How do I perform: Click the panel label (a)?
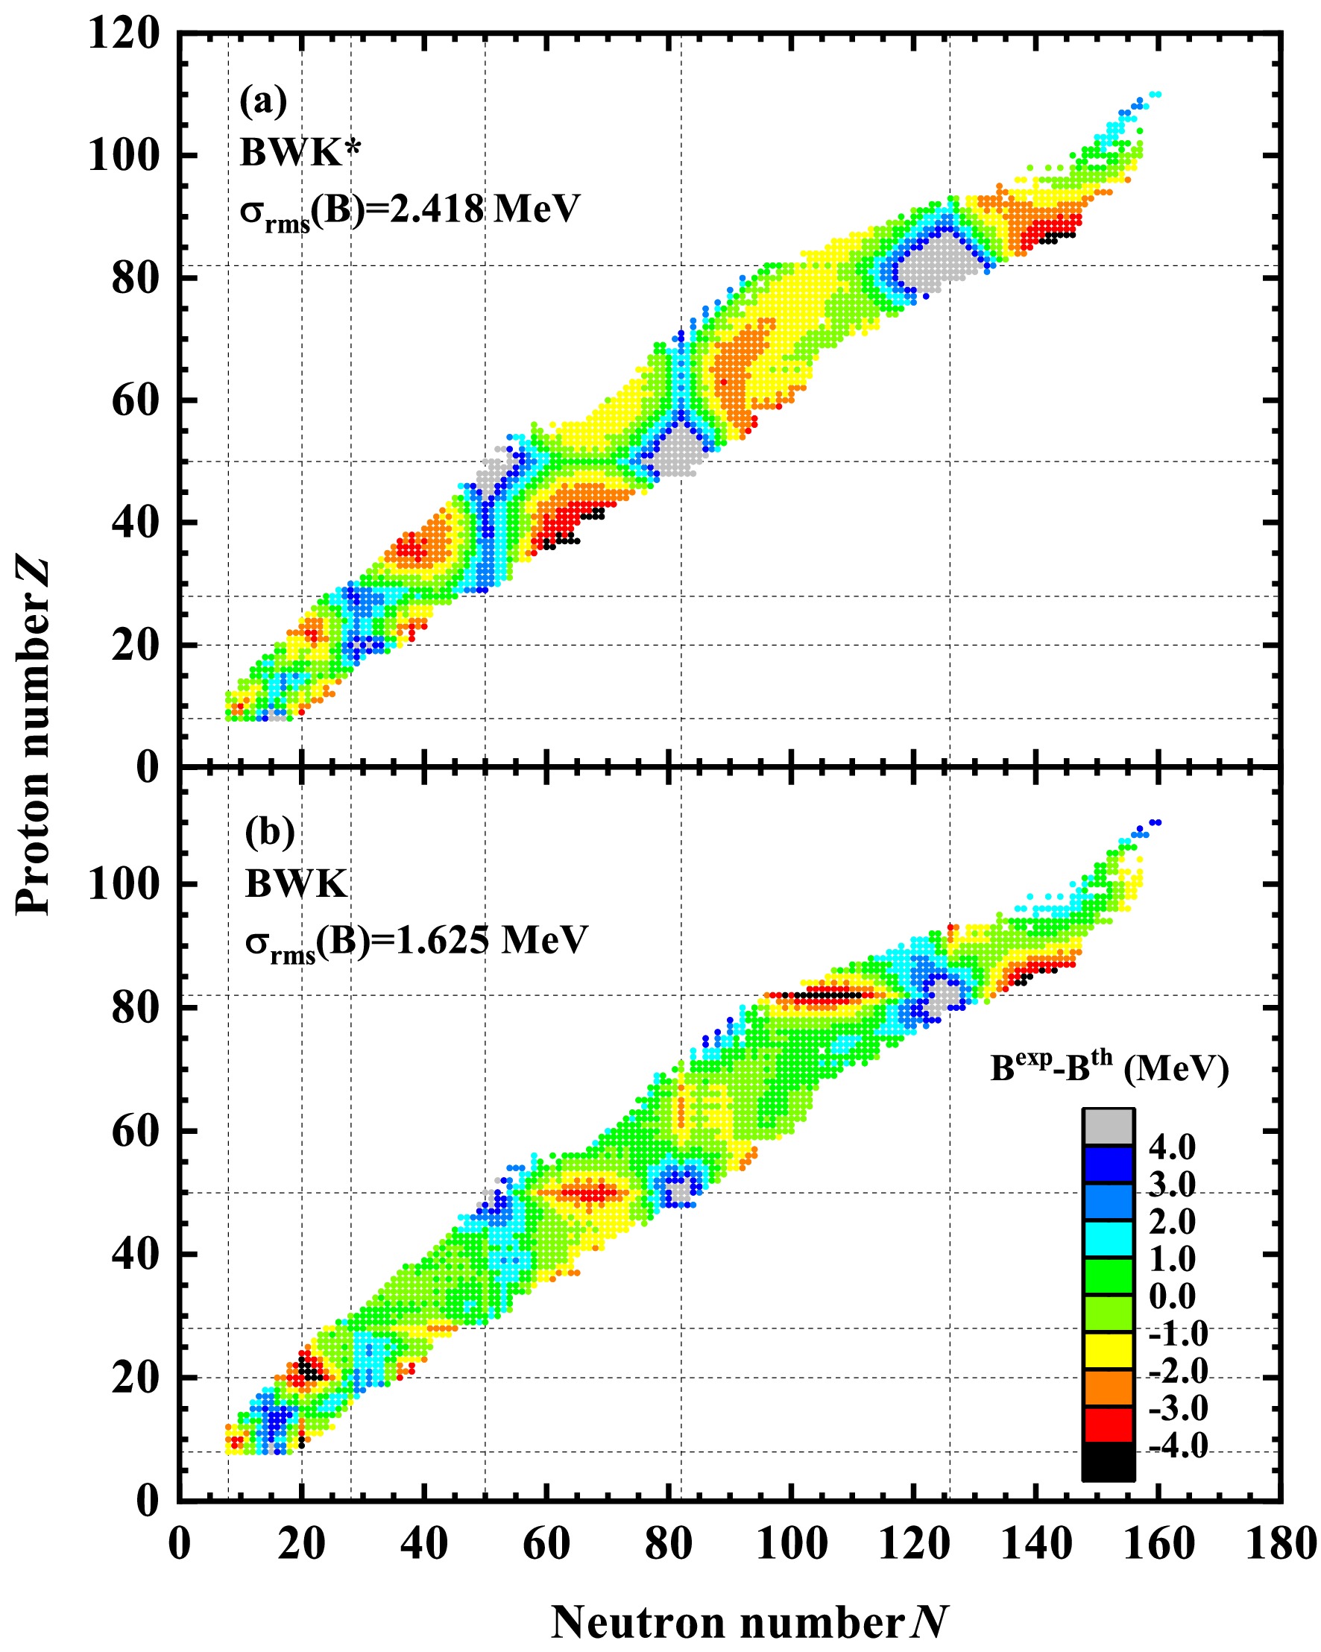point(263,101)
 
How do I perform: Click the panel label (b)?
point(270,831)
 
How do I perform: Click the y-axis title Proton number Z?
point(34,736)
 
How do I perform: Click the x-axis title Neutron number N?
point(749,1621)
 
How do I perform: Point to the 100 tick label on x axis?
point(792,1543)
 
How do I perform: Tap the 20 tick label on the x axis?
point(301,1543)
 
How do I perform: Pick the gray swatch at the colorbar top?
point(1108,1127)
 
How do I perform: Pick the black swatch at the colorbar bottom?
point(1108,1462)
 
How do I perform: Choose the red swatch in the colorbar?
point(1108,1425)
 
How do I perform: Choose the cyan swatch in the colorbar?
point(1108,1239)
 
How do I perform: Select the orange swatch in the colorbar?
point(1108,1387)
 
